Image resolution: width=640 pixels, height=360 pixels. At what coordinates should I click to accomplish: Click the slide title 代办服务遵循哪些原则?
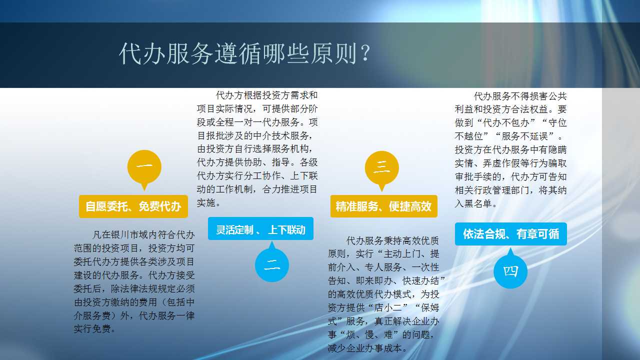pyautogui.click(x=244, y=53)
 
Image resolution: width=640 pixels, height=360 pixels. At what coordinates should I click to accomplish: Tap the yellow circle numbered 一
pyautogui.click(x=144, y=167)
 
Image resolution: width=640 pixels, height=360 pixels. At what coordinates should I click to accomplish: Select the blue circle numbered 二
pyautogui.click(x=272, y=265)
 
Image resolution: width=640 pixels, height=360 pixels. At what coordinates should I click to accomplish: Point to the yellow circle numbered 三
pyautogui.click(x=381, y=167)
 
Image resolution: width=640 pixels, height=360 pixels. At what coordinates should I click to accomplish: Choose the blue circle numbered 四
pyautogui.click(x=510, y=271)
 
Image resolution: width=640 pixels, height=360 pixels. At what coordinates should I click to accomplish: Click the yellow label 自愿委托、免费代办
pyautogui.click(x=133, y=206)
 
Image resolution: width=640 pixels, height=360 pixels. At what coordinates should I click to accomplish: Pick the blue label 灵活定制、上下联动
pyautogui.click(x=260, y=228)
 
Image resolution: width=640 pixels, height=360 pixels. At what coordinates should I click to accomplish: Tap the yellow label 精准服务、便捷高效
pyautogui.click(x=383, y=206)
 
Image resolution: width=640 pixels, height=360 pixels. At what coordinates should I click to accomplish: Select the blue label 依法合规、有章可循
pyautogui.click(x=511, y=234)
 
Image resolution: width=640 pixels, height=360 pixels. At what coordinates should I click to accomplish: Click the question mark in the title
pyautogui.click(x=365, y=53)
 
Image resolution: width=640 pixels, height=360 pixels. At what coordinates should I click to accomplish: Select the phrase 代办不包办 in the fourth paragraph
pyautogui.click(x=506, y=123)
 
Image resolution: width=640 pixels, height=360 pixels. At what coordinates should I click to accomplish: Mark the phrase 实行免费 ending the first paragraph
pyautogui.click(x=92, y=329)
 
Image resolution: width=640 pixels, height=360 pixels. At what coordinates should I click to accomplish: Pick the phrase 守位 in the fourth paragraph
pyautogui.click(x=557, y=123)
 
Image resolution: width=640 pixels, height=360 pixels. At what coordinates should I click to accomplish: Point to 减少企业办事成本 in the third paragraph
pyautogui.click(x=365, y=348)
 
